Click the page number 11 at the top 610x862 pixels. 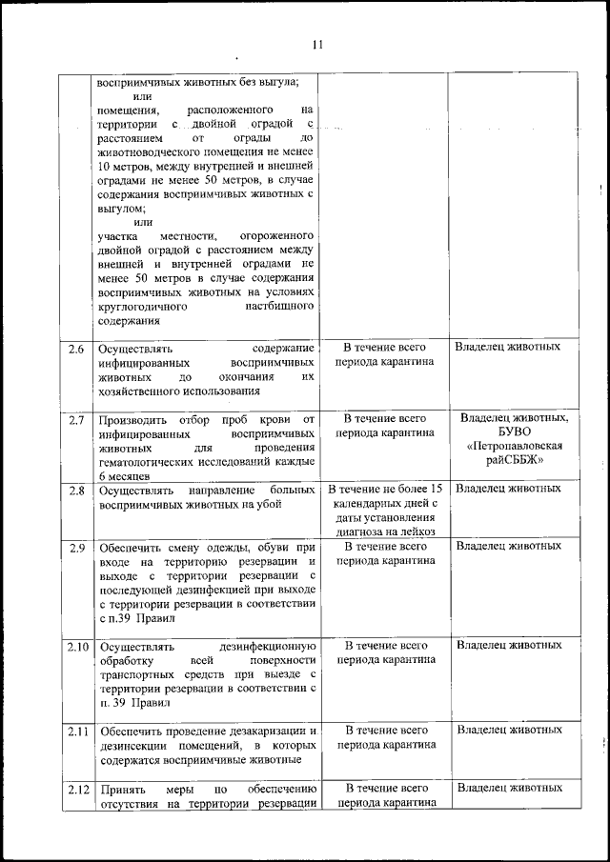point(317,44)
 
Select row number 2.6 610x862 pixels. point(76,348)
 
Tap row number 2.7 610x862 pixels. point(76,419)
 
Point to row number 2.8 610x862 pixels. point(76,490)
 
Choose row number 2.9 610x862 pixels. point(76,547)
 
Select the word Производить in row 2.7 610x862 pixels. point(132,419)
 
